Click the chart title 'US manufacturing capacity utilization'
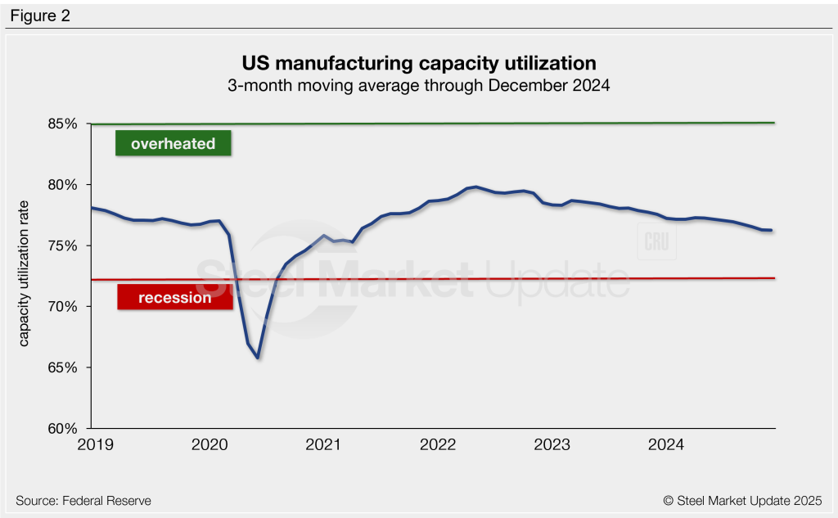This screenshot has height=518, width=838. point(418,63)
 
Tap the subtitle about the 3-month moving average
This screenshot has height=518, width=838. point(418,84)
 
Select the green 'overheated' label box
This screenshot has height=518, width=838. point(173,143)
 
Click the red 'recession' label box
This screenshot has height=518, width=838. point(175,298)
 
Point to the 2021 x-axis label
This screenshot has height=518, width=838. point(322,444)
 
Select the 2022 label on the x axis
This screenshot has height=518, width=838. point(437,444)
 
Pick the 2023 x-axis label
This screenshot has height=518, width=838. point(552,444)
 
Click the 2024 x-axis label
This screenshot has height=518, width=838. point(666,444)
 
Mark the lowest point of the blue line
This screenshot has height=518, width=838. point(258,358)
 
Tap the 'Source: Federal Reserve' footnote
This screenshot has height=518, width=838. point(83,500)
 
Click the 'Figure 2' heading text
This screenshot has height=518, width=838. point(40,16)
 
